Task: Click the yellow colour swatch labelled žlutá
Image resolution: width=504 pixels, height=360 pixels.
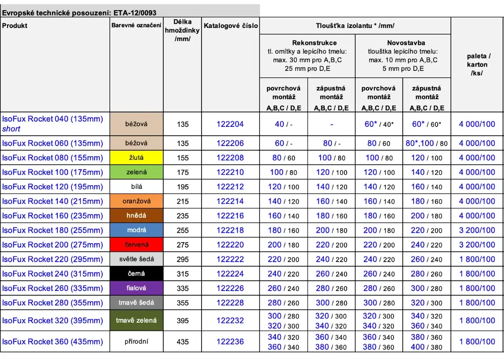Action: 136,158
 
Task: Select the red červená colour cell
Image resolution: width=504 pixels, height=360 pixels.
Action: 136,245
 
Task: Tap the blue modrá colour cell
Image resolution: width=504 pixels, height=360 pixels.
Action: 136,230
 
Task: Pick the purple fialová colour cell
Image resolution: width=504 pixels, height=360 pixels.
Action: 136,288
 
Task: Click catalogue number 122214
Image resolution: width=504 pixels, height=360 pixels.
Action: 230,201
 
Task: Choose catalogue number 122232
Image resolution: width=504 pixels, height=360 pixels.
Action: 230,321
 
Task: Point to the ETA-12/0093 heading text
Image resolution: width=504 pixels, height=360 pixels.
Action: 135,13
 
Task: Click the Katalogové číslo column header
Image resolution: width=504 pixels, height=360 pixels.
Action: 231,26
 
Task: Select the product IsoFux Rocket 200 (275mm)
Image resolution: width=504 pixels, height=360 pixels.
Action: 53,245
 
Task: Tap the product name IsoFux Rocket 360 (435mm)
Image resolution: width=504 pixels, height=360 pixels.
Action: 53,342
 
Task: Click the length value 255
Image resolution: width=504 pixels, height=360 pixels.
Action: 183,230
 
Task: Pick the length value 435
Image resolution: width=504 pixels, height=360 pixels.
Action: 183,342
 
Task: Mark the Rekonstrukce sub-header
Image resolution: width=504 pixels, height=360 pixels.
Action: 308,43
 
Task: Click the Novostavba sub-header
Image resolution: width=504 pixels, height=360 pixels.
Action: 403,43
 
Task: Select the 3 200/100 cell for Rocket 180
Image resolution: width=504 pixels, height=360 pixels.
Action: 477,230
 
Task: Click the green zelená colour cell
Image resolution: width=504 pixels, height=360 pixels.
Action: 136,172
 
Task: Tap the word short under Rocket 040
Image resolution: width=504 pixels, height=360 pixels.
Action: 11,129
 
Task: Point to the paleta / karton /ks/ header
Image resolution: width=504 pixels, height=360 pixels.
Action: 477,64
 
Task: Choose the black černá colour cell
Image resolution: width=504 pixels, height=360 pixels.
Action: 136,274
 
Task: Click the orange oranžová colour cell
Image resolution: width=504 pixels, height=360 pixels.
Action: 136,201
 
